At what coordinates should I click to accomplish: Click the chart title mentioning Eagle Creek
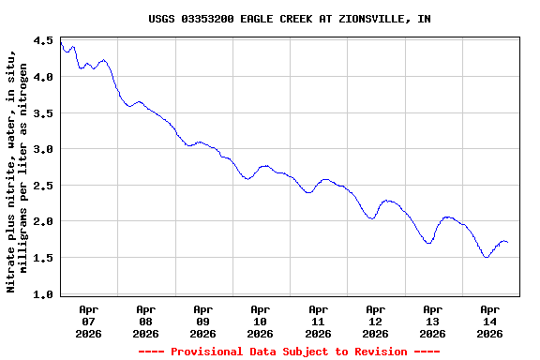(290, 19)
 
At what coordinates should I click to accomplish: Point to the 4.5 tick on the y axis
(43, 41)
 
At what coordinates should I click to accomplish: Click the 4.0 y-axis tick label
(43, 77)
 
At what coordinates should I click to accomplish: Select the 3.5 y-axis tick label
(43, 113)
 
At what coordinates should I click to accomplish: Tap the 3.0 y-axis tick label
(43, 149)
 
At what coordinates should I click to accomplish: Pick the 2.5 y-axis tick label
(43, 186)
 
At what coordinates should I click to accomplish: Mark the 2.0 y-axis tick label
(43, 221)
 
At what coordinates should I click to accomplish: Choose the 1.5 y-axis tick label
(43, 258)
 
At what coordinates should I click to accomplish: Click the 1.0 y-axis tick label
(43, 294)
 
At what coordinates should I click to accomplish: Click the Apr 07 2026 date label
(88, 321)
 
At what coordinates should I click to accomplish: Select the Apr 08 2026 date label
(145, 321)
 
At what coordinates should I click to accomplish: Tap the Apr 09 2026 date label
(202, 321)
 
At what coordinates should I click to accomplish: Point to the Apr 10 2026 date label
(260, 321)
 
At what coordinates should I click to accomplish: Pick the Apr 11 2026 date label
(318, 321)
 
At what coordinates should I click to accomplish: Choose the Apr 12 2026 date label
(375, 321)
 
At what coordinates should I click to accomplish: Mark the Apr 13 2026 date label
(432, 321)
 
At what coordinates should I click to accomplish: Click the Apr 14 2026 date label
(489, 321)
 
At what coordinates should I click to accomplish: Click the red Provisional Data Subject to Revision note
(289, 352)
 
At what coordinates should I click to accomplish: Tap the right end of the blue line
(507, 243)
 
